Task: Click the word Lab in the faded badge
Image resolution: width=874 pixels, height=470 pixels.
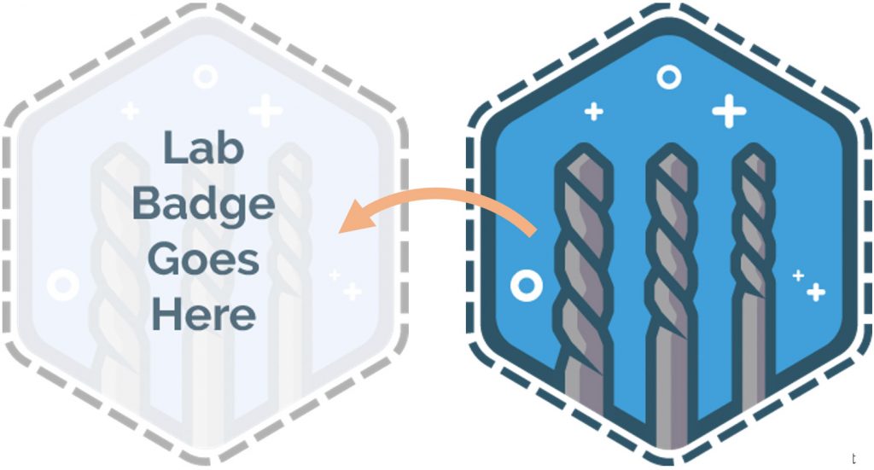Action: coord(203,148)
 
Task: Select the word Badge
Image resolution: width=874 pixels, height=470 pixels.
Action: coord(204,205)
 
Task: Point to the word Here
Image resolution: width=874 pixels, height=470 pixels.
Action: coord(203,315)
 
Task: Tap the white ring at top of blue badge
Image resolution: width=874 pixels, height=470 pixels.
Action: coord(669,78)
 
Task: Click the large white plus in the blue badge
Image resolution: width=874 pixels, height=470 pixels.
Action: coord(728,111)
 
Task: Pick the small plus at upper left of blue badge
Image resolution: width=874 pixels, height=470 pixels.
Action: coord(593,111)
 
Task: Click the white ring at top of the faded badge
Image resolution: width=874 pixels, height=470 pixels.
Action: coord(205,77)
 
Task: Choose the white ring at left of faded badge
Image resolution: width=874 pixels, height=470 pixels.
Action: coord(62,282)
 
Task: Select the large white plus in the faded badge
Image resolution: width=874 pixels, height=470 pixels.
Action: coord(265,110)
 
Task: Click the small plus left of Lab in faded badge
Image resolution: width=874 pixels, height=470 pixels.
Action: coord(130,110)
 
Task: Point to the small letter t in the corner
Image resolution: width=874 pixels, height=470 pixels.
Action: coord(854,459)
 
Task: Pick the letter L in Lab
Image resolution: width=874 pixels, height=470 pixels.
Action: coord(171,148)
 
